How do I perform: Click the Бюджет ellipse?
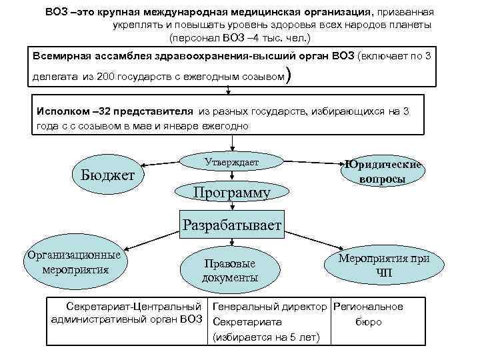[x=108, y=175]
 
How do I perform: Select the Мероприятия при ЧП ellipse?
[x=384, y=265]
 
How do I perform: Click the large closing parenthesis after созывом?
[x=287, y=77]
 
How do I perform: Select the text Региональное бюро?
[x=368, y=314]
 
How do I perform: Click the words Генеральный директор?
[x=269, y=307]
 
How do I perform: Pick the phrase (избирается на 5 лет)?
[x=266, y=337]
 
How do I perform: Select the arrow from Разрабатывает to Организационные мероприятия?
[x=150, y=239]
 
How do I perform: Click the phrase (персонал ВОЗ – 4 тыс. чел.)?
[x=231, y=37]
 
